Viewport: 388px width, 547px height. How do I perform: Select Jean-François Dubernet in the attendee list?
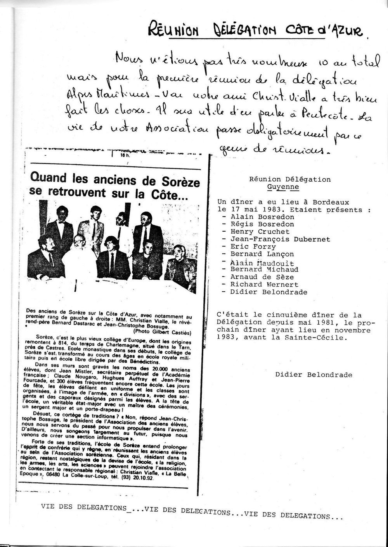coord(280,239)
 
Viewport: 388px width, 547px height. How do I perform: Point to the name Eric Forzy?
coord(253,247)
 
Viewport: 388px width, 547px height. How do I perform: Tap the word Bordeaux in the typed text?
coord(330,202)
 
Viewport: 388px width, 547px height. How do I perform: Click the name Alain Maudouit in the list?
coord(262,262)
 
